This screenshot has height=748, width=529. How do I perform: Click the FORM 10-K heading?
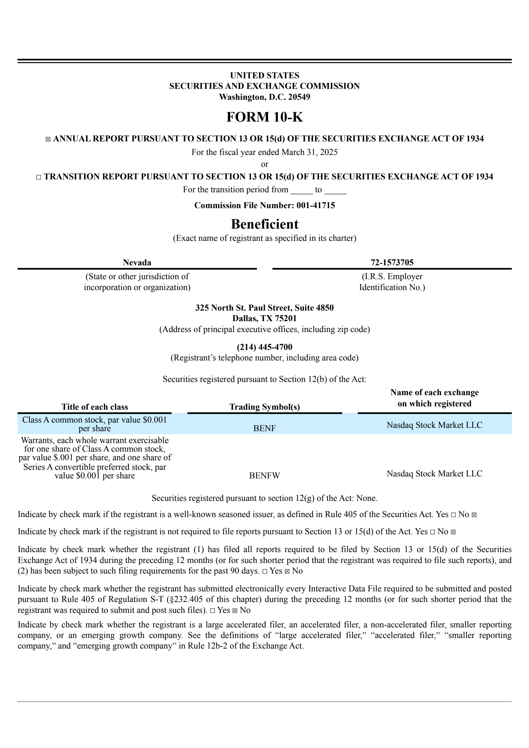[x=264, y=117]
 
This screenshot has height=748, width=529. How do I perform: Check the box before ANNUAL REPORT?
[x=48, y=139]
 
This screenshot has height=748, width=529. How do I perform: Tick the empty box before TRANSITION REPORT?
[x=39, y=177]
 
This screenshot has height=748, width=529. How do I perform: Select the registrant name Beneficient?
[x=264, y=224]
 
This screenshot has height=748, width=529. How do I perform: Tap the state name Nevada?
[x=137, y=262]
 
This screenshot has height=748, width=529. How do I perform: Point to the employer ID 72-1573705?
[x=392, y=262]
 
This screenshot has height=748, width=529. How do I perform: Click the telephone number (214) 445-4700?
[x=264, y=347]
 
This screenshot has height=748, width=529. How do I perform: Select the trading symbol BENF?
[x=264, y=428]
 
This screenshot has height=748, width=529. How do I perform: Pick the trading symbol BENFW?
[x=264, y=475]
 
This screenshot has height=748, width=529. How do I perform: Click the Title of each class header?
[x=95, y=407]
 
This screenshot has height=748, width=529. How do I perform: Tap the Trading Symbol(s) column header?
[x=264, y=407]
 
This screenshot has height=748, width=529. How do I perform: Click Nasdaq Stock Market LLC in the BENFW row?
[x=434, y=473]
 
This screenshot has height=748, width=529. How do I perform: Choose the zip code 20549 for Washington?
[x=299, y=97]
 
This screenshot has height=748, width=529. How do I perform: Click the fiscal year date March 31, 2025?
[x=309, y=152]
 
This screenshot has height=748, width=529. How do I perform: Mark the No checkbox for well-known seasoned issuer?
[x=474, y=515]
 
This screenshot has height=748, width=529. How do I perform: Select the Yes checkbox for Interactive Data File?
[x=212, y=611]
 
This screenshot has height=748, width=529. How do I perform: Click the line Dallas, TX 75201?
[x=264, y=318]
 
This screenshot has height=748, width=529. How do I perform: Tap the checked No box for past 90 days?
[x=287, y=571]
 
